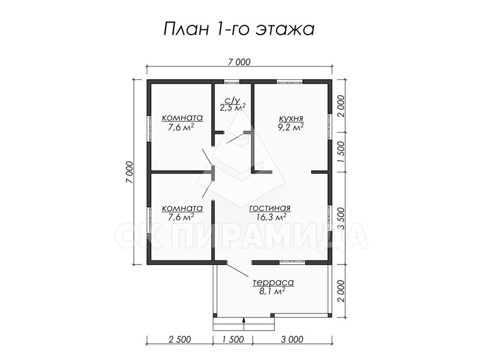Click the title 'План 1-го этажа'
[239, 29]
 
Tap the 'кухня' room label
[291, 118]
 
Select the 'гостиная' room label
[270, 209]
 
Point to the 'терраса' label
[273, 282]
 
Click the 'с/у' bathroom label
[232, 101]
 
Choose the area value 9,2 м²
[291, 127]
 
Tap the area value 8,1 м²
[271, 291]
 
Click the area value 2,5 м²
[232, 107]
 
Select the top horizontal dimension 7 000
[239, 62]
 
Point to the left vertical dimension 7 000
[129, 173]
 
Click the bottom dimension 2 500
[180, 339]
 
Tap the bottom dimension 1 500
[233, 339]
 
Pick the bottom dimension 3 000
[292, 339]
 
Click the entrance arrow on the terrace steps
[244, 324]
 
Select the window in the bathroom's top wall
[232, 82]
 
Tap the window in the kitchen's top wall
[290, 82]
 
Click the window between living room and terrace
[292, 262]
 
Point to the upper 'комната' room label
[182, 118]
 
